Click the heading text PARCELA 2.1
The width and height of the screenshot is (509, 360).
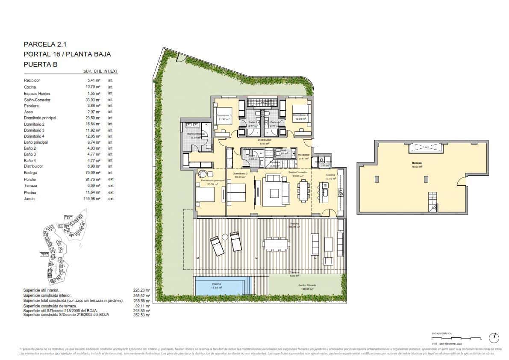click(45, 44)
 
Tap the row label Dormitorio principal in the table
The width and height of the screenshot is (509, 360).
click(40, 118)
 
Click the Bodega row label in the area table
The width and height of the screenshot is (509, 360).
click(30, 173)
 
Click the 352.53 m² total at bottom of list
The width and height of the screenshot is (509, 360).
click(142, 315)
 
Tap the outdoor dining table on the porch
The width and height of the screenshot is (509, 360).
click(276, 243)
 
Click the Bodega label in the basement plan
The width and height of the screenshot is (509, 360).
click(417, 163)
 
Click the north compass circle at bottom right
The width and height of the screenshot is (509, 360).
click(494, 338)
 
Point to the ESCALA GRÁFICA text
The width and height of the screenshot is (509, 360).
click(441, 333)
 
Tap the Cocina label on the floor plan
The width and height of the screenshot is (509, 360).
click(330, 175)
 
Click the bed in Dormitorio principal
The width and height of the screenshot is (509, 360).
click(206, 195)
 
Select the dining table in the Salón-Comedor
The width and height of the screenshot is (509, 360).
click(304, 191)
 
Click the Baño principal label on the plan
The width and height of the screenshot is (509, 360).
click(196, 134)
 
